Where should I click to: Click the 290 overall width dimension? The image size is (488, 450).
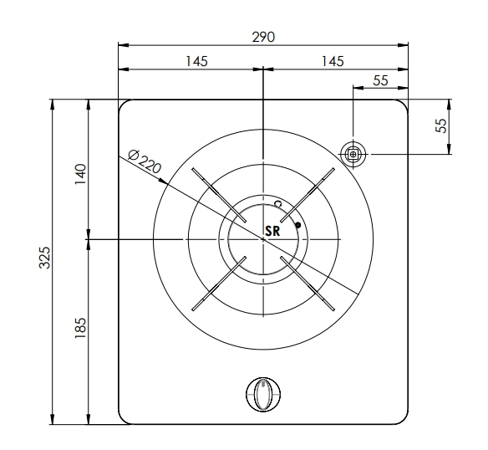[x=263, y=38]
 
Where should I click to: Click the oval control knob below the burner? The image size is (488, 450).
[x=263, y=394]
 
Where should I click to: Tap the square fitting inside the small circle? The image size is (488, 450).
[x=353, y=153]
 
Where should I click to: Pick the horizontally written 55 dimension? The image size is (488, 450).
[x=380, y=80]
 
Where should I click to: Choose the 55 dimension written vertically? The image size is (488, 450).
[x=442, y=125]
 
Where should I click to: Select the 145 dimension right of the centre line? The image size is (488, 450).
[x=332, y=61]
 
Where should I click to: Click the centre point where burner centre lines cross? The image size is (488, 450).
[x=263, y=239]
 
